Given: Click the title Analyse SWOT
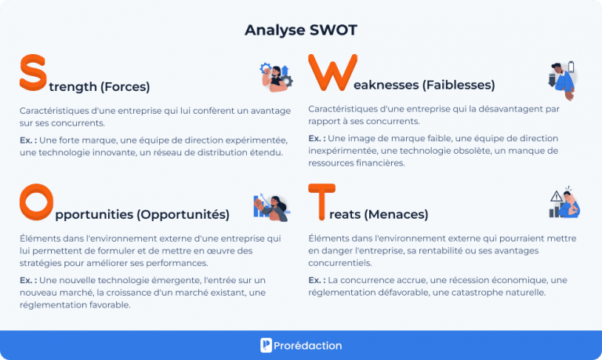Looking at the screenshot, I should tap(301, 31).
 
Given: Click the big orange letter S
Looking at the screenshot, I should tap(33, 73).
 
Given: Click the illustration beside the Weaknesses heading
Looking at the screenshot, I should tap(562, 78).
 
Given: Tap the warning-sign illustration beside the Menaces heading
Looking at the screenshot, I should tap(564, 203).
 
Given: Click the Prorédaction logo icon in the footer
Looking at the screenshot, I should tap(267, 345).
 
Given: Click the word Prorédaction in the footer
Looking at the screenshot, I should tap(309, 345).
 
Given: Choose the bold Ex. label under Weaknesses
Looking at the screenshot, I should tap(317, 138).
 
